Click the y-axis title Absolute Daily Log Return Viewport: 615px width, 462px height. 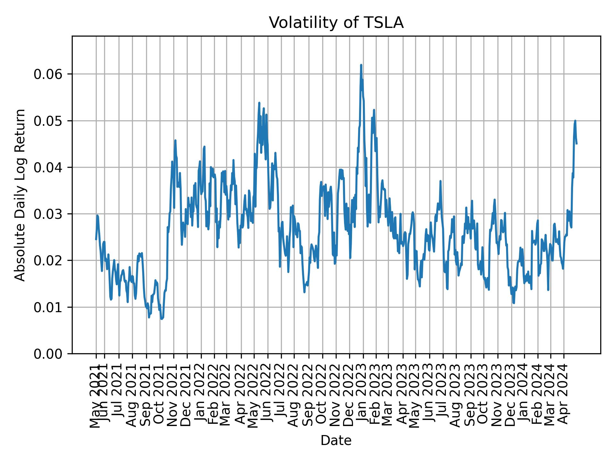pos(20,195)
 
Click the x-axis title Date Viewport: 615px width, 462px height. pos(336,441)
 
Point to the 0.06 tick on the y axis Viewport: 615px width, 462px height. pos(48,74)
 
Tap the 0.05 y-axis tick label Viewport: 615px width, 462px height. pos(48,121)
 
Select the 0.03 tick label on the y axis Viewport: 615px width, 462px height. pos(48,214)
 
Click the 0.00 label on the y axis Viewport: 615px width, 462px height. pos(48,354)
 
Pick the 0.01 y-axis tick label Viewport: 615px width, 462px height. pos(48,307)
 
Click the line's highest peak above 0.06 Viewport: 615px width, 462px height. pos(361,65)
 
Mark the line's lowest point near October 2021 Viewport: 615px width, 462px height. pos(162,319)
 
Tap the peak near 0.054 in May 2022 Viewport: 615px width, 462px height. pos(259,103)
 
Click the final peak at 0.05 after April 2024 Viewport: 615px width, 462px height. pos(575,121)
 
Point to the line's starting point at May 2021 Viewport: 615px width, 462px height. pos(96,239)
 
